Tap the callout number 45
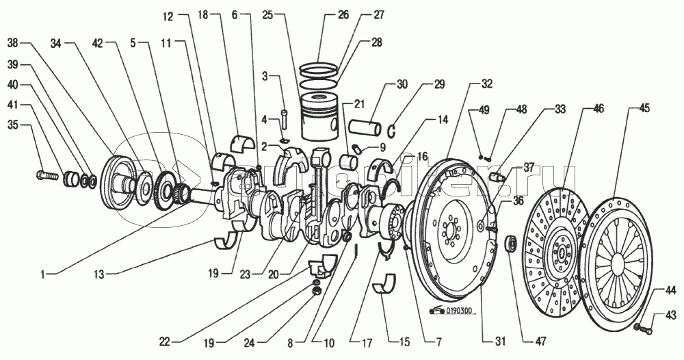644,109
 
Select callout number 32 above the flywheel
486,85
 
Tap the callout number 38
12,43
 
